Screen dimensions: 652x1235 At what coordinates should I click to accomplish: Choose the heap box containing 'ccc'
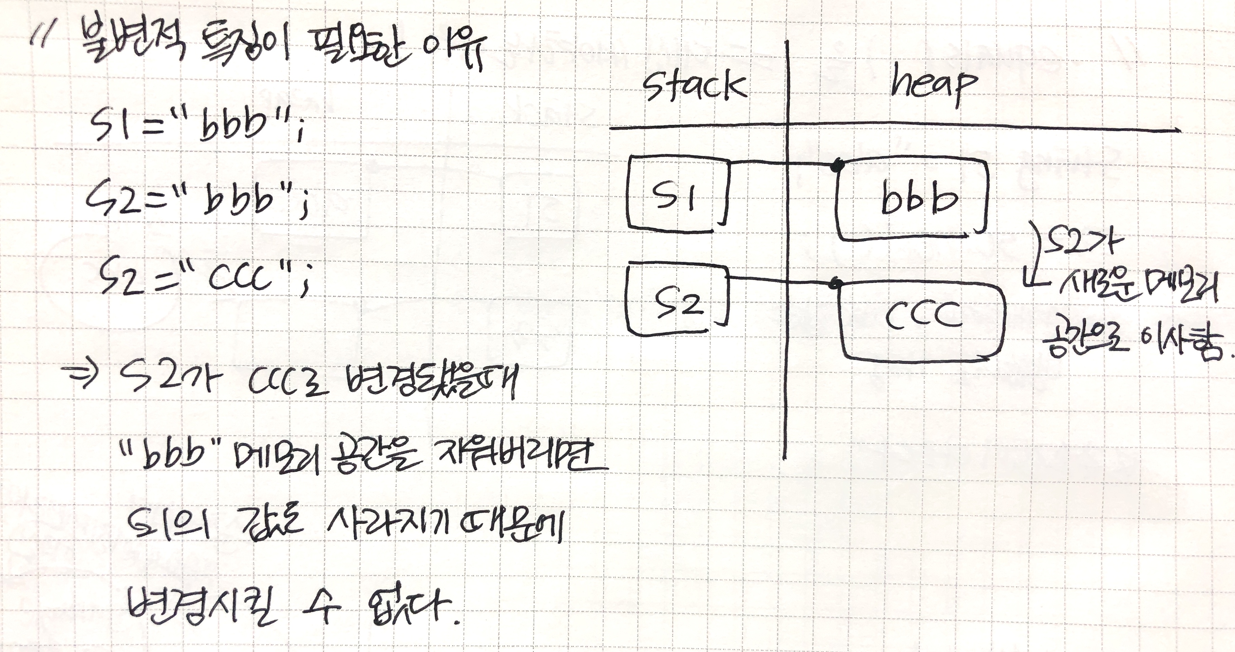click(921, 318)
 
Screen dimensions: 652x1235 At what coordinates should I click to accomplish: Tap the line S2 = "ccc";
click(204, 278)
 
